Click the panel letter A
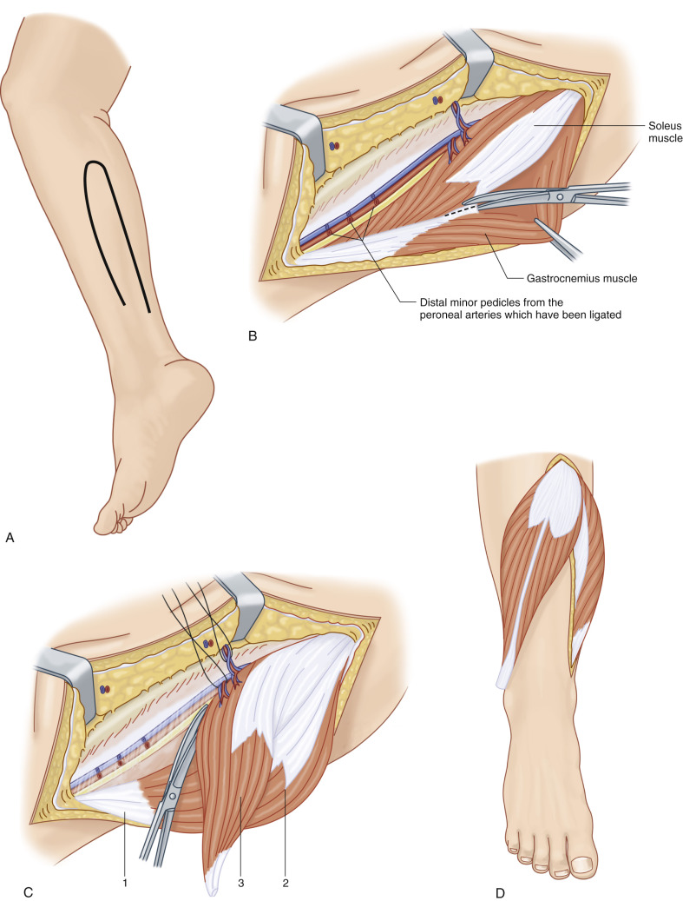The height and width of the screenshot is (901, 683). [10, 539]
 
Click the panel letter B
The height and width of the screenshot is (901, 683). [252, 332]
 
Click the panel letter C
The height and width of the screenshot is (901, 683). [10, 891]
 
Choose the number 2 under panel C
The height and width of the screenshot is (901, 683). [285, 883]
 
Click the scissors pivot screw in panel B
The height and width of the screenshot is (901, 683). [560, 197]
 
